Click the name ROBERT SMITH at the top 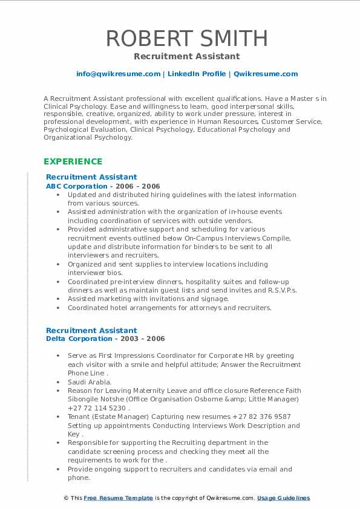pyautogui.click(x=186, y=38)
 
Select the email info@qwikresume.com pyautogui.click(x=118, y=74)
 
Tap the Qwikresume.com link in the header pyautogui.click(x=266, y=74)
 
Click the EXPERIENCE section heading pyautogui.click(x=73, y=161)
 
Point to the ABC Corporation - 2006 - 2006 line pyautogui.click(x=103, y=186)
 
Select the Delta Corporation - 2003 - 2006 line pyautogui.click(x=105, y=339)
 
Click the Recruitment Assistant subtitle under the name pyautogui.click(x=186, y=56)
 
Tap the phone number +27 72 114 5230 pyautogui.click(x=98, y=408)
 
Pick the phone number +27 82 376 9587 pyautogui.click(x=261, y=417)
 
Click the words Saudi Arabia pyautogui.click(x=90, y=382)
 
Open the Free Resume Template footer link pyautogui.click(x=118, y=498)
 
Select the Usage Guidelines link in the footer pyautogui.click(x=283, y=498)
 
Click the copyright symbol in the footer pyautogui.click(x=67, y=498)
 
